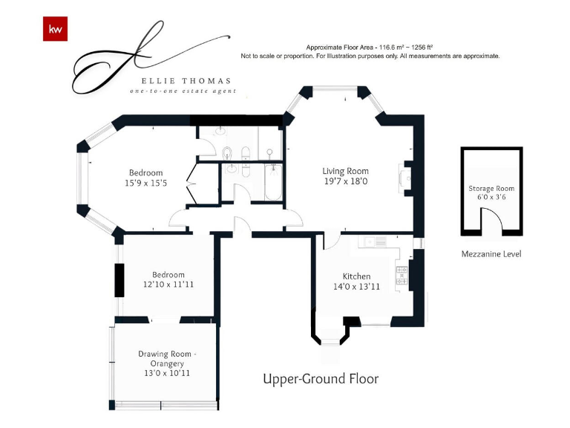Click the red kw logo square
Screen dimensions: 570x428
point(55,29)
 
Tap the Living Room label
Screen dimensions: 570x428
point(345,171)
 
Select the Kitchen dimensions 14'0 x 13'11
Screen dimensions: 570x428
point(356,287)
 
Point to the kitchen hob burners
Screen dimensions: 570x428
point(402,275)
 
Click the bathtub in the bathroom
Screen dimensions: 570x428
point(273,181)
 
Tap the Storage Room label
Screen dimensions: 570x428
point(491,189)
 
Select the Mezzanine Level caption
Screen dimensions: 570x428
point(491,254)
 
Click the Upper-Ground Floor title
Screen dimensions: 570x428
point(321,379)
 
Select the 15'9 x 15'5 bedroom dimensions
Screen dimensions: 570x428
point(145,183)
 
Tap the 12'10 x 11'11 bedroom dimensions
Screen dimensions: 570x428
point(168,285)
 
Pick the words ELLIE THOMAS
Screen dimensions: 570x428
point(186,81)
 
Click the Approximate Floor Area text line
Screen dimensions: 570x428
point(370,48)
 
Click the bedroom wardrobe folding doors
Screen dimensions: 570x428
point(191,184)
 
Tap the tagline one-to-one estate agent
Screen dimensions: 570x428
point(183,91)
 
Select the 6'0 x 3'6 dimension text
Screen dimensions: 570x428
point(491,197)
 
